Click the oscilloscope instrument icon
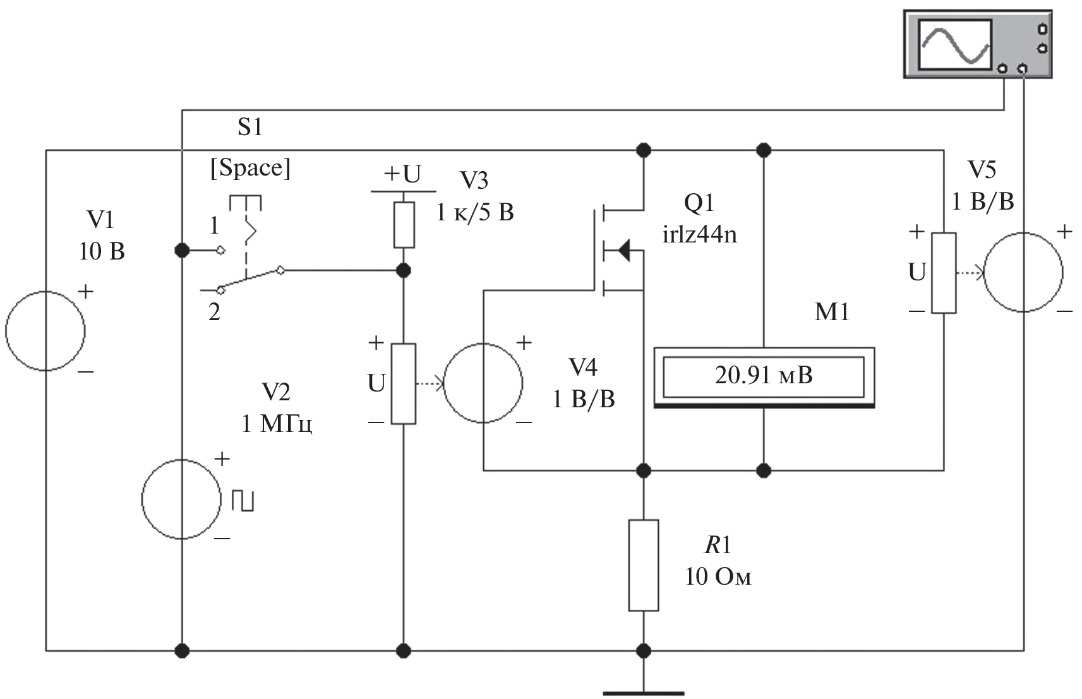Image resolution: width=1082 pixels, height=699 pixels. [x=977, y=44]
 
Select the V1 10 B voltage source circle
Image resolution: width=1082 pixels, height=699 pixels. [x=45, y=330]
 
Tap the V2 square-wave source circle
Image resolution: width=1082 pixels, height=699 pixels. [x=182, y=499]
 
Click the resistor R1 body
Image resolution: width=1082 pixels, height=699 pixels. [x=644, y=565]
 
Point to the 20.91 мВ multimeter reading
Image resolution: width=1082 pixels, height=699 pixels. [x=764, y=376]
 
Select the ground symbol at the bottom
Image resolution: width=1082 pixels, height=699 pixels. [x=644, y=692]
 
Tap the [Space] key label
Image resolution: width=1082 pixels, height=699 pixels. [x=251, y=168]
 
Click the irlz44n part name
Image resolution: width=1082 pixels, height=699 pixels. [x=699, y=235]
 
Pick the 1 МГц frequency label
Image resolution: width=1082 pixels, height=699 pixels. [x=277, y=424]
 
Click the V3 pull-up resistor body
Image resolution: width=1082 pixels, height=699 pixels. [x=404, y=225]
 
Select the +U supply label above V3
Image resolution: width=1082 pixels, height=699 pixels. [x=402, y=174]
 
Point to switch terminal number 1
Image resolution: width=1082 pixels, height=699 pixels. [x=215, y=225]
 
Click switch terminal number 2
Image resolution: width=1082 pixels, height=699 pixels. [x=215, y=312]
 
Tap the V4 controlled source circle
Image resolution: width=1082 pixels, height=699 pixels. [x=483, y=383]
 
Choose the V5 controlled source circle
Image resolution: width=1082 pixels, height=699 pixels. [x=1023, y=272]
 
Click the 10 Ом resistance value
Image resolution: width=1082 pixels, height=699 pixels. [x=718, y=577]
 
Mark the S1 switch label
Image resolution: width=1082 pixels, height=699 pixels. [x=250, y=128]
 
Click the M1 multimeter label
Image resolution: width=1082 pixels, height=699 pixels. [x=832, y=312]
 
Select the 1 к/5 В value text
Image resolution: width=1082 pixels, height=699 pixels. [x=475, y=213]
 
